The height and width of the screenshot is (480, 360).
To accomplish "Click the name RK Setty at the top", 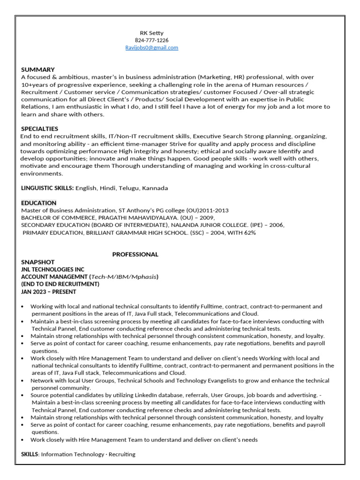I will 152,33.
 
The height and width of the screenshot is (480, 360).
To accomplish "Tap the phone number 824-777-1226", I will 152,40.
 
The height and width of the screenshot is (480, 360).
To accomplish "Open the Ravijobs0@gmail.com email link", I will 151,48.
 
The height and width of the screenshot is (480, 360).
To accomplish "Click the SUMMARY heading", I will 38,69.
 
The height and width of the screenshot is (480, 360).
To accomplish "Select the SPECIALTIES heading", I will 40,129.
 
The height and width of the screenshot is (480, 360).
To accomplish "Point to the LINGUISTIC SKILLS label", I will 47,188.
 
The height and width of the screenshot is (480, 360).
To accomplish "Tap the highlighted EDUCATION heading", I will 38,203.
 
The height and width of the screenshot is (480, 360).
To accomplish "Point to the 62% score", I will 249,232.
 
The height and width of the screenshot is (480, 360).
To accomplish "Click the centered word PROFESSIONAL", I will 135,255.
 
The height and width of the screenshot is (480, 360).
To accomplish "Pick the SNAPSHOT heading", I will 38,262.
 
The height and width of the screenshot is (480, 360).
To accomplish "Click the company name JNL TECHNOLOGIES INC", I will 53,270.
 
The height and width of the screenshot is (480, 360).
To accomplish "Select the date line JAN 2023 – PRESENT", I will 49,292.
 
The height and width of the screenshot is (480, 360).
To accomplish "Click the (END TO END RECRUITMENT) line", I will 60,284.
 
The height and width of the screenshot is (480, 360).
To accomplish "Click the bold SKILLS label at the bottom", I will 30,455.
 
